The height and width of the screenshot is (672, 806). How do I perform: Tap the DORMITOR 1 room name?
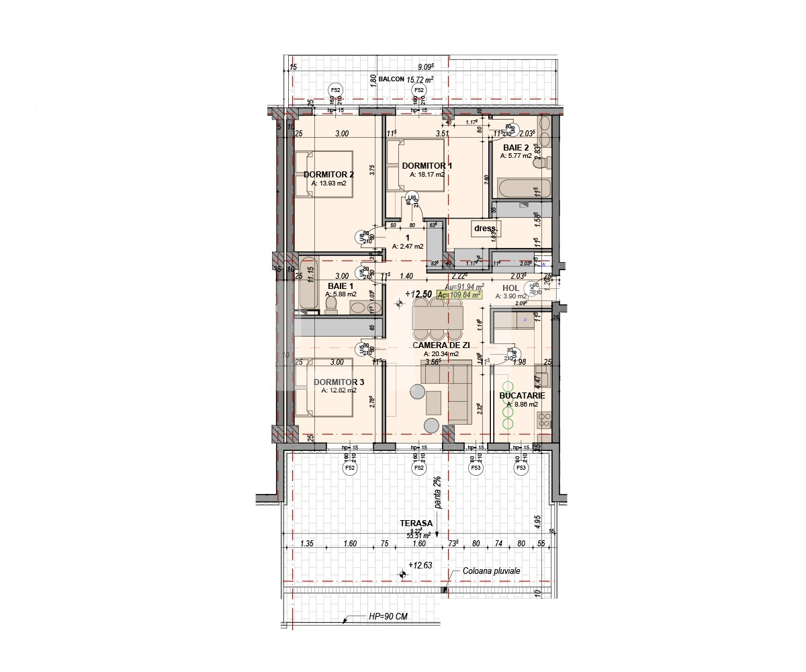(427, 165)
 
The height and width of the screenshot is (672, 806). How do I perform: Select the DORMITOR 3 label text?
(339, 382)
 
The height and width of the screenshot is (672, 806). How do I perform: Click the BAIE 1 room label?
(341, 286)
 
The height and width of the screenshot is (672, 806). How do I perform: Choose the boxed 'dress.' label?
(484, 228)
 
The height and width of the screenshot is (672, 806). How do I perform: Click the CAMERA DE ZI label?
(441, 345)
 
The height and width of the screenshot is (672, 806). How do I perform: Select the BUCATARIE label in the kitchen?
(522, 396)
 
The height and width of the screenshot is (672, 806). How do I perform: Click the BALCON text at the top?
(392, 79)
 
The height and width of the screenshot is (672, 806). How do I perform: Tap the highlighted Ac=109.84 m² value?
(460, 294)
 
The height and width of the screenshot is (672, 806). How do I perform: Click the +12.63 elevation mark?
(422, 565)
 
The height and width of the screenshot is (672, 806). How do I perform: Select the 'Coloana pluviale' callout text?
(492, 571)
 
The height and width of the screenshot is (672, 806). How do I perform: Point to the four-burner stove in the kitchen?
(544, 421)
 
